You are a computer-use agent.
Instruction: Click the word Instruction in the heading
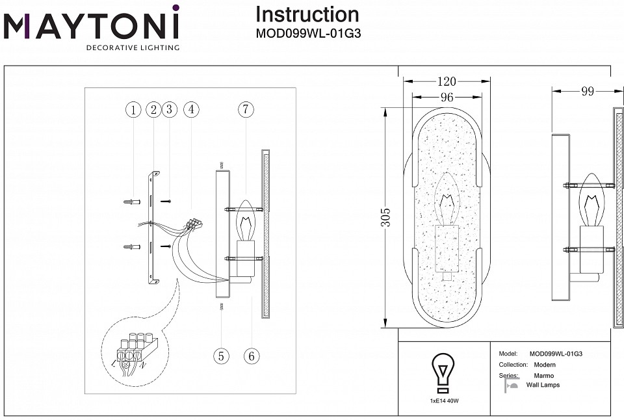tap(307, 14)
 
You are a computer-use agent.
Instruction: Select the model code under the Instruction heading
tap(308, 34)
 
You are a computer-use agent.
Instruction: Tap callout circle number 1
tap(133, 110)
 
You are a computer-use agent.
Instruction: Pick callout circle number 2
tap(153, 110)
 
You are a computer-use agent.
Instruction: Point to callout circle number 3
tap(169, 110)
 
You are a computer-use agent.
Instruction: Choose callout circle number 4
tap(190, 110)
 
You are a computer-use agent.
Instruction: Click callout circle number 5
tap(222, 356)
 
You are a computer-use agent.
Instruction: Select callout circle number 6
tap(252, 356)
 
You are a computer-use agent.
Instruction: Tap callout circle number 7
tap(245, 110)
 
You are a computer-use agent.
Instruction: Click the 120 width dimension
tap(447, 82)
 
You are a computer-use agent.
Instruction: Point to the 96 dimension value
tap(447, 98)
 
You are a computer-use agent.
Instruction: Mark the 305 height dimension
tap(387, 218)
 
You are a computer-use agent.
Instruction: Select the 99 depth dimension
tap(587, 92)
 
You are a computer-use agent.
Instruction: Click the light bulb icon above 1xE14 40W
tap(443, 373)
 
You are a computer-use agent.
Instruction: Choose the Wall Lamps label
tap(543, 386)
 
